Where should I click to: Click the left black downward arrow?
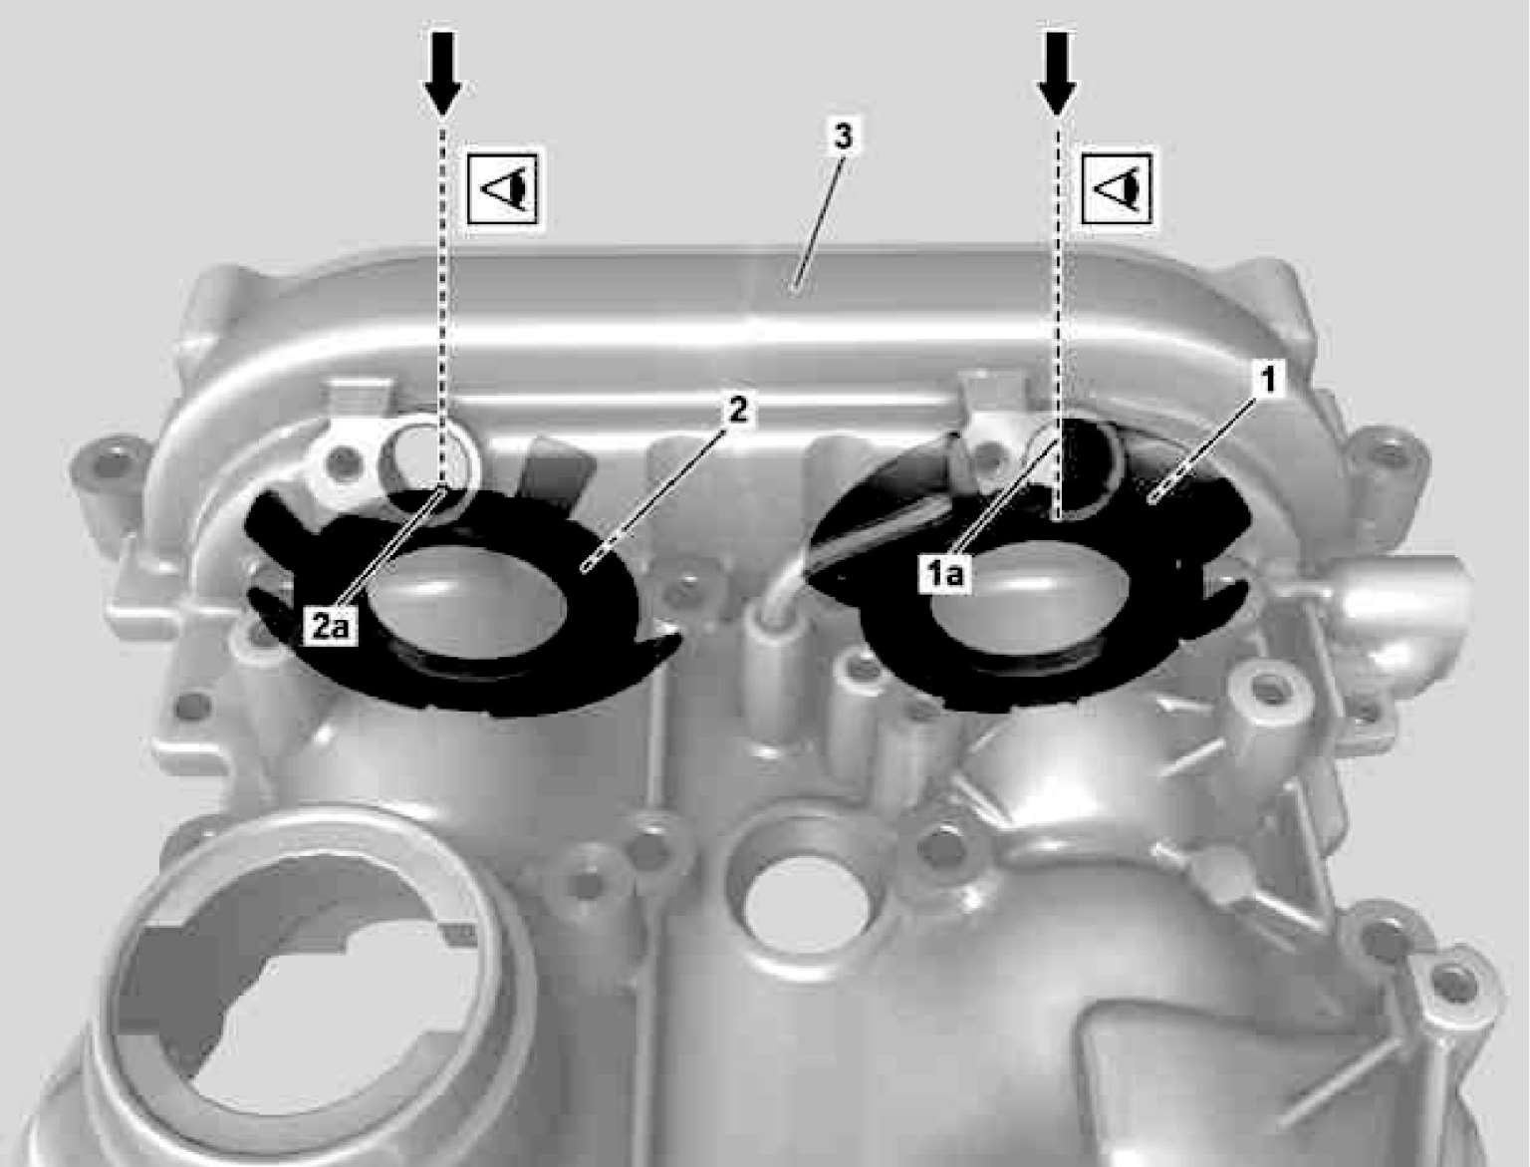tap(442, 73)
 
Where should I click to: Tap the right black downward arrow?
tap(1057, 73)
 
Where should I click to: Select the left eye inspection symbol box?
tap(505, 188)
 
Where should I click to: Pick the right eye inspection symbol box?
tap(1116, 188)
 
